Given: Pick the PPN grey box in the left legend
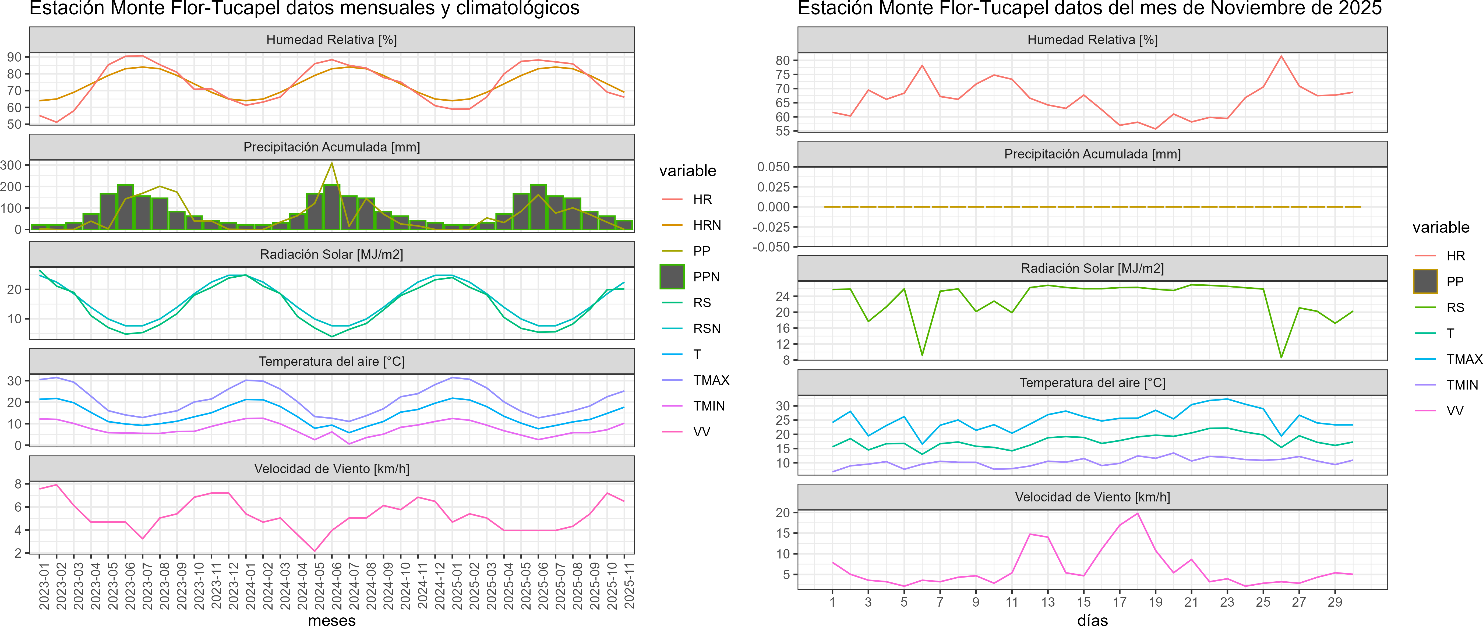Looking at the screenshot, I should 672,277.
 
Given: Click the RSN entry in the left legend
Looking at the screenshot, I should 706,328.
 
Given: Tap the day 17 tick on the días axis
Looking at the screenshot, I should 1120,602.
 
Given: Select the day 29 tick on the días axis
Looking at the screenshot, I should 1335,602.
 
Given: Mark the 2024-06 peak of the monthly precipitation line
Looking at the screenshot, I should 331,163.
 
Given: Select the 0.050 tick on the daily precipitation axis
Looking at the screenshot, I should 774,167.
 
